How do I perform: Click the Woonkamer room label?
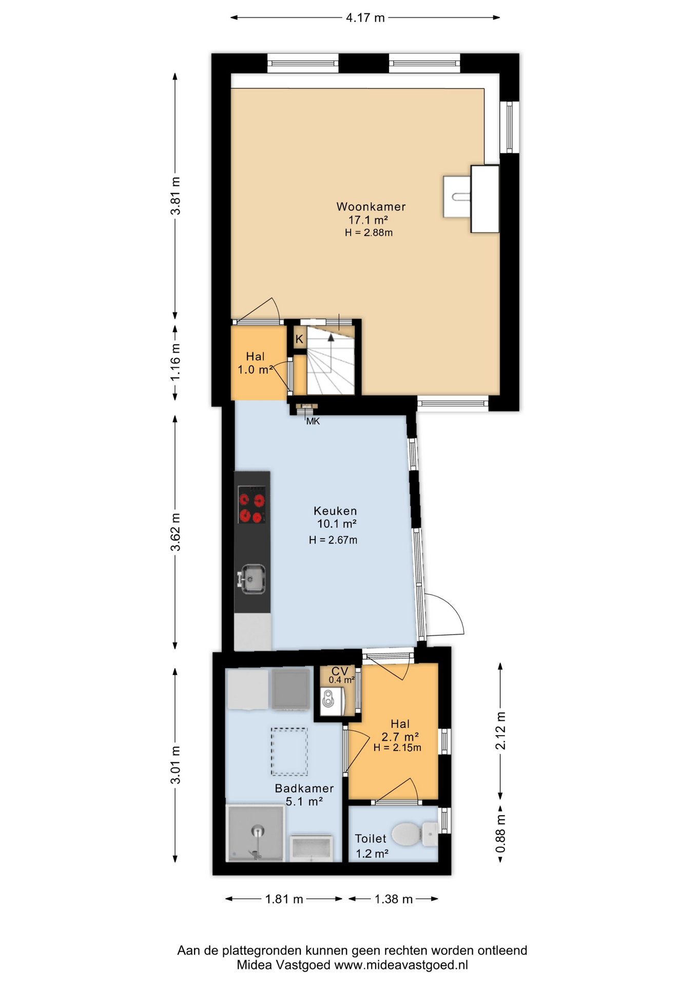coord(371,207)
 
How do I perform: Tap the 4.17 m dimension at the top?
coord(365,18)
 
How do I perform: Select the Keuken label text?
coord(335,511)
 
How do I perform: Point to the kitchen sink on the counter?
coord(251,579)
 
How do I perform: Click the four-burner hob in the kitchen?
coord(252,504)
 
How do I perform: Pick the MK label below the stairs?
coord(313,421)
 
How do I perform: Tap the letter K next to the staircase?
coord(299,339)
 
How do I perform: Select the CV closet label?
coord(340,671)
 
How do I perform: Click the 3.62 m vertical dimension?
coord(176,531)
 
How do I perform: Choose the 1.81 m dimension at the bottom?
coord(284,899)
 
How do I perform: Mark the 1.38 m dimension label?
coord(393,899)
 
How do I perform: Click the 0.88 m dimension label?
coord(500,834)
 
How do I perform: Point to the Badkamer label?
coord(304,789)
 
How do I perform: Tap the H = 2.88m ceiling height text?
coord(369,233)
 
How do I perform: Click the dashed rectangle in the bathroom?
coord(289,752)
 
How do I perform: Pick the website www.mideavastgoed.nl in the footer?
coord(401,965)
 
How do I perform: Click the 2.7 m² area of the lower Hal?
coord(400,737)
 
